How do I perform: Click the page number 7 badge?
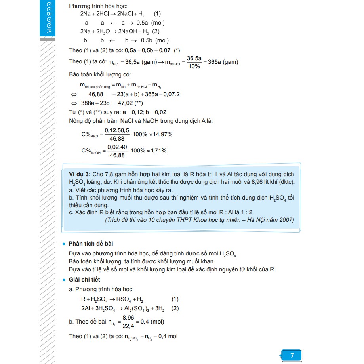point(292,355)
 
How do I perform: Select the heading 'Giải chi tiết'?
point(84,280)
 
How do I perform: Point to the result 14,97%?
point(162,134)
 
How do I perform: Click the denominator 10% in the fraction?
point(194,66)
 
